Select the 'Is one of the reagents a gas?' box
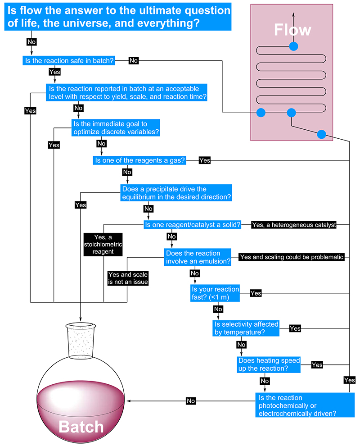pyautogui.click(x=139, y=160)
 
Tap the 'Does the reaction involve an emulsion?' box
pyautogui.click(x=198, y=257)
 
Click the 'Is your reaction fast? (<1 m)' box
pyautogui.click(x=215, y=293)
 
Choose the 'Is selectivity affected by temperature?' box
pyautogui.click(x=246, y=328)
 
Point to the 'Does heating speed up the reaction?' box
pyautogui.click(x=269, y=364)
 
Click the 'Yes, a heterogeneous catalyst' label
pyautogui.click(x=294, y=224)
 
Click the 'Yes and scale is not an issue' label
pyautogui.click(x=128, y=278)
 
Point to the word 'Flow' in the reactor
pyautogui.click(x=292, y=30)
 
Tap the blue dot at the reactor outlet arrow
pyautogui.click(x=293, y=46)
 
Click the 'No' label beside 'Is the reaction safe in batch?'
pyautogui.click(x=134, y=60)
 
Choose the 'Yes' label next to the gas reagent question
pyautogui.click(x=204, y=160)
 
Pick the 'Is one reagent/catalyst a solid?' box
pyautogui.click(x=192, y=224)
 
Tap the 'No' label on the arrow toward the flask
pyautogui.click(x=191, y=400)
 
